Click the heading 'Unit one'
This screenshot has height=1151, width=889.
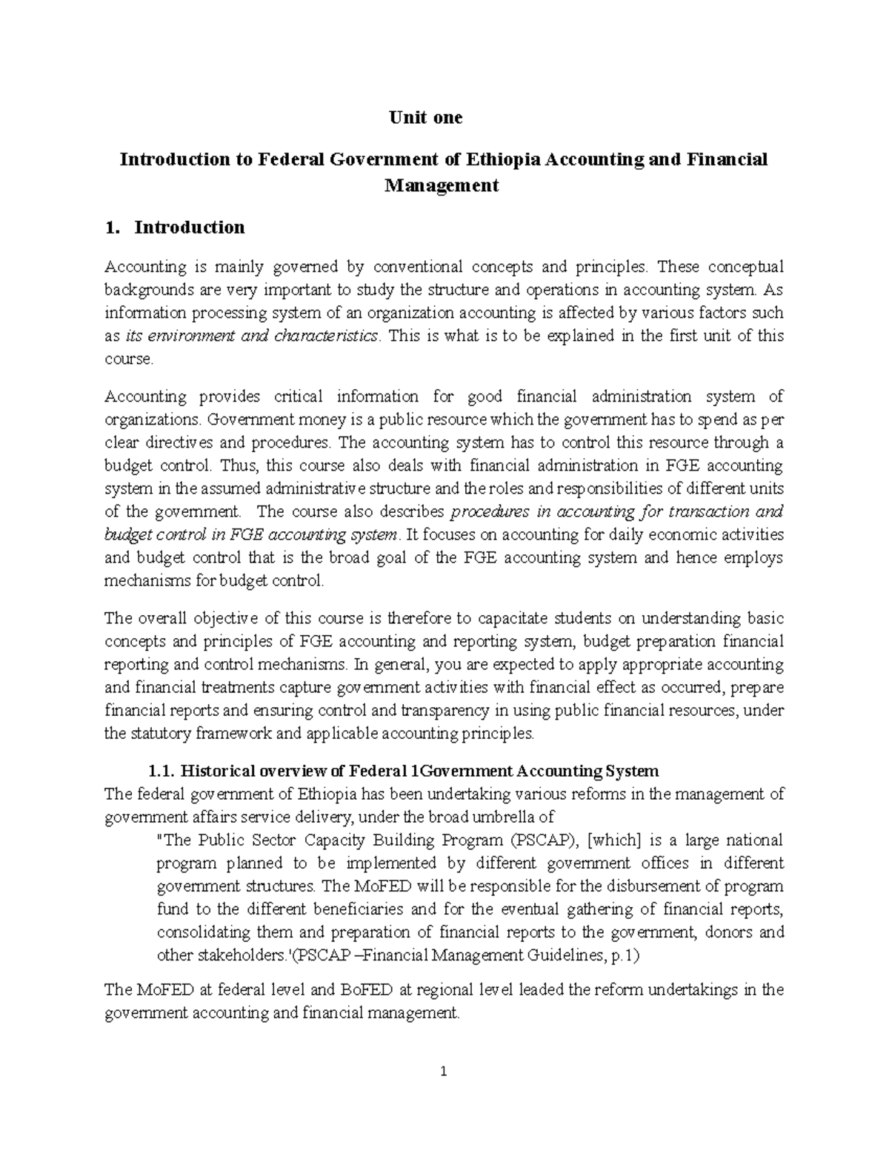(x=427, y=117)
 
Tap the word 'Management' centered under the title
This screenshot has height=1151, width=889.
(x=442, y=185)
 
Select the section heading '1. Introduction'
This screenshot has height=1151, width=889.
(x=175, y=227)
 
